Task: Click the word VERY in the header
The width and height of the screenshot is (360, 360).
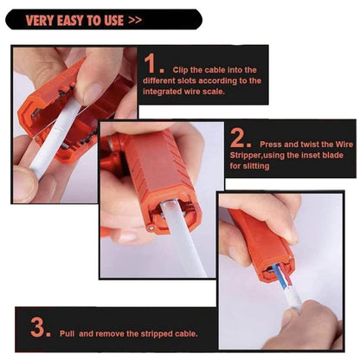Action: tap(40, 21)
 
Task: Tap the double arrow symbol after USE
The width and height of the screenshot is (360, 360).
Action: tap(135, 20)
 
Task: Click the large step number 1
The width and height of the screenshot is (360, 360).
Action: tap(150, 63)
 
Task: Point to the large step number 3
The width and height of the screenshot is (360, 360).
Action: tap(37, 327)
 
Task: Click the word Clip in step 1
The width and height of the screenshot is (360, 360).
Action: tap(180, 70)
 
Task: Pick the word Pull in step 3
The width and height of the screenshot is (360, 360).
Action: tap(67, 334)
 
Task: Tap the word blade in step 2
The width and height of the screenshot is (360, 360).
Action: tap(332, 155)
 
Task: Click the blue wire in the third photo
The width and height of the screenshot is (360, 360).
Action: tap(279, 277)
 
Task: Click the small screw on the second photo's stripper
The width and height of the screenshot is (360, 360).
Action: tap(151, 228)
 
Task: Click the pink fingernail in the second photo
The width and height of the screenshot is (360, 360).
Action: tap(127, 237)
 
